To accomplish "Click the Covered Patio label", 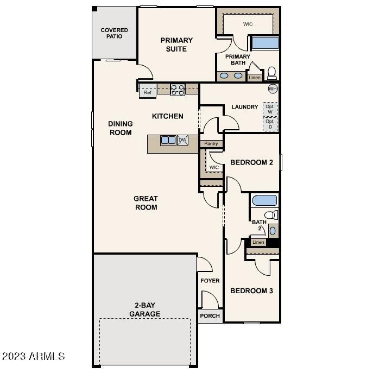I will click(x=114, y=33).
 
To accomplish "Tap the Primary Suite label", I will click(x=176, y=45).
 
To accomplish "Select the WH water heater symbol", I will click(x=273, y=88).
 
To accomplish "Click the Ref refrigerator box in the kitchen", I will click(x=148, y=92).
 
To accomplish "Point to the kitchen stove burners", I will click(x=178, y=90).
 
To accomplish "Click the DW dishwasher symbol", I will click(x=182, y=140).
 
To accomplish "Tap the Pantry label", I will click(x=211, y=144).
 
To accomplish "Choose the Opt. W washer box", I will click(x=270, y=109).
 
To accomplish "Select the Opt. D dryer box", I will click(x=270, y=124).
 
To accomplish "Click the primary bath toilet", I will click(x=271, y=73).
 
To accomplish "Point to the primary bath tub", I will click(x=264, y=43).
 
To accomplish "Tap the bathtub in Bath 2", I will click(x=264, y=200).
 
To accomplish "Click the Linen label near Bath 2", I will click(x=258, y=242).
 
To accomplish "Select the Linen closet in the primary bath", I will click(x=255, y=78).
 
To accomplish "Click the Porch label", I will click(x=210, y=316).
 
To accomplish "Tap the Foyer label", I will click(x=210, y=281).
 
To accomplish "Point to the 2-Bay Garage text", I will click(x=144, y=309).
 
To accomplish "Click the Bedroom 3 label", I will click(x=251, y=291).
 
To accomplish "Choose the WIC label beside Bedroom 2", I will click(x=214, y=167).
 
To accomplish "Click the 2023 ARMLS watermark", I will click(x=34, y=357).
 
